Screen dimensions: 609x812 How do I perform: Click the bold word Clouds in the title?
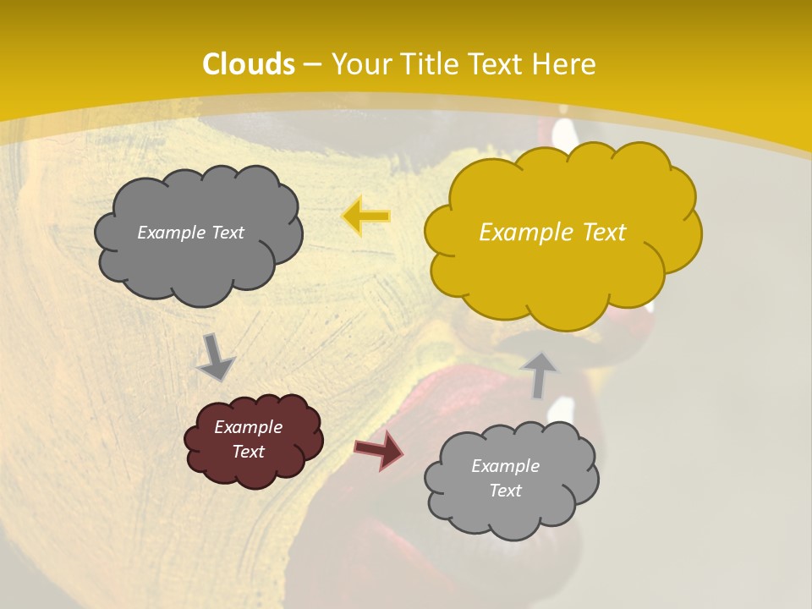click(x=249, y=64)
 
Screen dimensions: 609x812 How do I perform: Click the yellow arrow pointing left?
click(x=366, y=217)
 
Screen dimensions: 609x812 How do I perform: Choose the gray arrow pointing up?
click(x=540, y=375)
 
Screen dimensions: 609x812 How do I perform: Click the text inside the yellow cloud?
click(x=552, y=233)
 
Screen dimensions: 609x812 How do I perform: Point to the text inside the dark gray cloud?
click(x=190, y=233)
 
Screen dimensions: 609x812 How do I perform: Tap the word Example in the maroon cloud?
click(x=248, y=427)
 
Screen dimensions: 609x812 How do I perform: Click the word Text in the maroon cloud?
click(x=248, y=452)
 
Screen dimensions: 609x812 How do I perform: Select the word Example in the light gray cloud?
click(x=505, y=466)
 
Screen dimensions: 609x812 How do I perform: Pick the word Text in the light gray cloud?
click(x=505, y=491)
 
